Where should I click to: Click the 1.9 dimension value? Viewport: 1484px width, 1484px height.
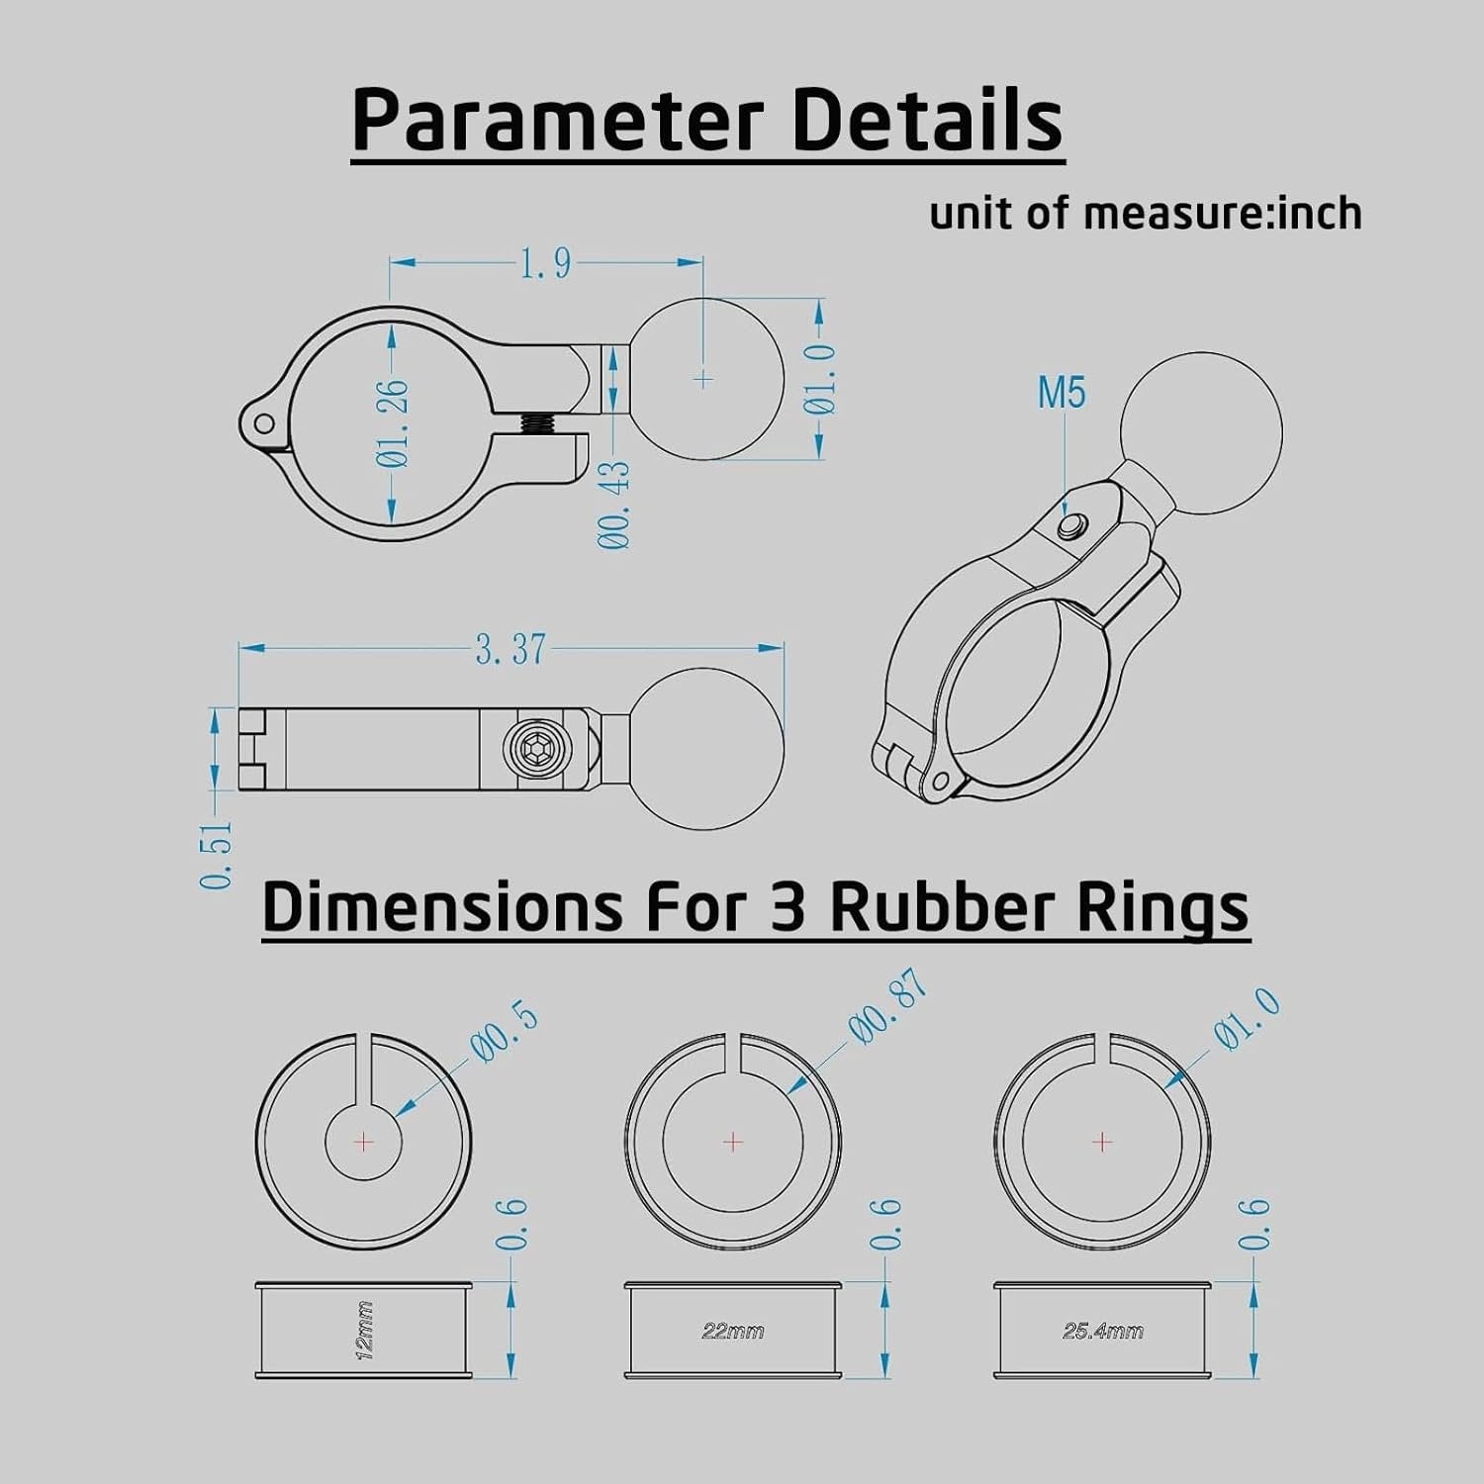tap(545, 263)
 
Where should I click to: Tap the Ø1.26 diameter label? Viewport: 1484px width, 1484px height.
tap(393, 422)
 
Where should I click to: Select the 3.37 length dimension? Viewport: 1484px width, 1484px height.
tap(510, 649)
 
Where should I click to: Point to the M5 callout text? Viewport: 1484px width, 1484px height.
tap(1062, 393)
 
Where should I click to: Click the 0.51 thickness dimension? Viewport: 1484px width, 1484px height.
tap(217, 854)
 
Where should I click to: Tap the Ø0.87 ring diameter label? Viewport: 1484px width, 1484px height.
tap(888, 1006)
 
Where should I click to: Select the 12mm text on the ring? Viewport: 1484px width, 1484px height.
tap(365, 1331)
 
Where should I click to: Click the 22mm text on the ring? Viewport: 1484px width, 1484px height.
tap(733, 1331)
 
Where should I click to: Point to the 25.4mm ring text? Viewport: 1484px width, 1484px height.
tap(1103, 1331)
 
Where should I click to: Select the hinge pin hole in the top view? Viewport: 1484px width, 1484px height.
tap(263, 424)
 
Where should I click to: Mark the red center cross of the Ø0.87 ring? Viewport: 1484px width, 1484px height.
tap(733, 1142)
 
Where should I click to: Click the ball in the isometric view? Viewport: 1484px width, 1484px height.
tap(1201, 434)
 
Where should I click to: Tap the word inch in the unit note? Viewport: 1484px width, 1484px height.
tap(1320, 213)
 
